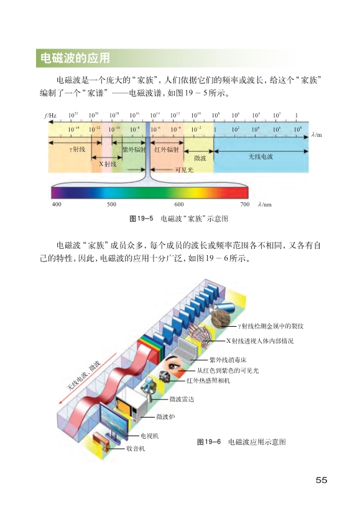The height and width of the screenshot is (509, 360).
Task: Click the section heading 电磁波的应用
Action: (75, 58)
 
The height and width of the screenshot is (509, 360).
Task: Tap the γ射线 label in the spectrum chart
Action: (77, 149)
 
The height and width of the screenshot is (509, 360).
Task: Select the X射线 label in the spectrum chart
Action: (108, 164)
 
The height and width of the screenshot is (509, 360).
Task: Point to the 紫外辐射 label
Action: (133, 149)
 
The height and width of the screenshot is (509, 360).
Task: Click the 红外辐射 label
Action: (167, 149)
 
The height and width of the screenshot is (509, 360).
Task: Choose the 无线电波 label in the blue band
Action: (261, 157)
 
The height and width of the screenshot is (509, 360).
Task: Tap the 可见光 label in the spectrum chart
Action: (184, 169)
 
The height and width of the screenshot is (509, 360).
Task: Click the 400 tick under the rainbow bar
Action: (57, 204)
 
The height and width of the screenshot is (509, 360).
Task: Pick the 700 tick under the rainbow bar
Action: (245, 204)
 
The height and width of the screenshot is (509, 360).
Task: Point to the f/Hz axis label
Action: (50, 116)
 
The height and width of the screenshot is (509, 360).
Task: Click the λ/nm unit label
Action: (265, 205)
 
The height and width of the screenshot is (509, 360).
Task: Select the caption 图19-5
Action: (141, 218)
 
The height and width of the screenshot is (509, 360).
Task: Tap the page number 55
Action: (321, 480)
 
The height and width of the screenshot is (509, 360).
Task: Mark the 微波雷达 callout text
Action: (182, 399)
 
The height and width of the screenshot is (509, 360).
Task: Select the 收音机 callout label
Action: (136, 449)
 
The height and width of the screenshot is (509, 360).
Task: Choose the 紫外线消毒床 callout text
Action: (228, 360)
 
